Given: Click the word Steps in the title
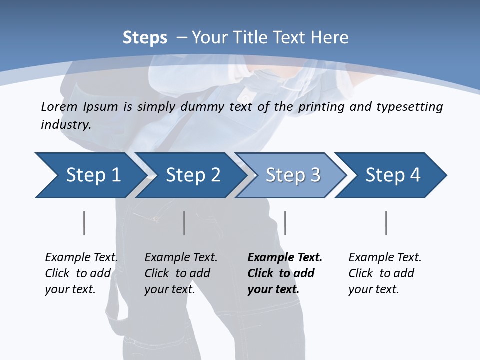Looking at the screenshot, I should tap(145, 38).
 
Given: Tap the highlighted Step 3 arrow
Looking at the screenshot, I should tap(293, 175).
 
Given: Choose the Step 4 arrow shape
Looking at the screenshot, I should tap(393, 175).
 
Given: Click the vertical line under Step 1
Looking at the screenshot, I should tap(84, 223).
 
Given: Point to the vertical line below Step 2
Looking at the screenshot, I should tap(184, 223).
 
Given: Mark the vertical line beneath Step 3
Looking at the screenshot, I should tap(285, 223).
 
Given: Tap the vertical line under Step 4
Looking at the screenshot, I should tap(386, 223).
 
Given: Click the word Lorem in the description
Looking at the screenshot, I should tap(59, 107).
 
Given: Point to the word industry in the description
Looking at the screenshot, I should tap(66, 125).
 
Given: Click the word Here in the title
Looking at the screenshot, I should tap(329, 38).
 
